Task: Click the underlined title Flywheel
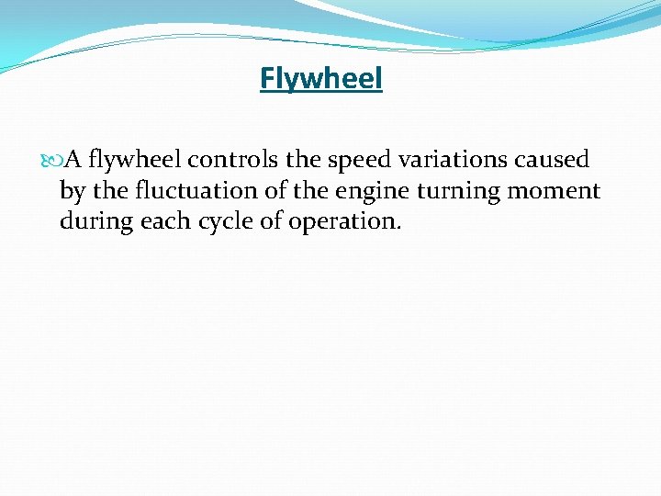(x=320, y=79)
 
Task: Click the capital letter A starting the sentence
(x=73, y=161)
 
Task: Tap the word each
(x=162, y=221)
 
